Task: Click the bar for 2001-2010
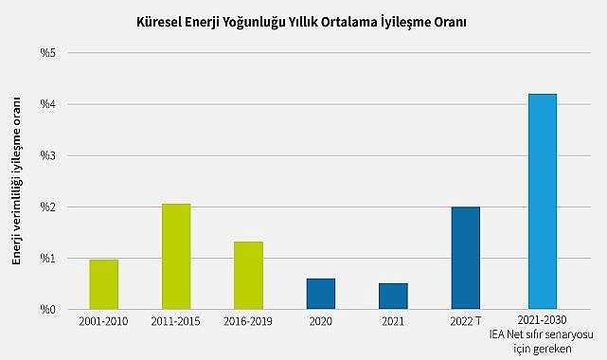(x=104, y=284)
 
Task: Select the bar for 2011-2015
(x=176, y=257)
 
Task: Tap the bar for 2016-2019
(x=248, y=276)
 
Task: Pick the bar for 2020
(x=321, y=294)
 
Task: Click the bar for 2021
(x=393, y=297)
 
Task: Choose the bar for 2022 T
(x=466, y=258)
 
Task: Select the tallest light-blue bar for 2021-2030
(x=542, y=202)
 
